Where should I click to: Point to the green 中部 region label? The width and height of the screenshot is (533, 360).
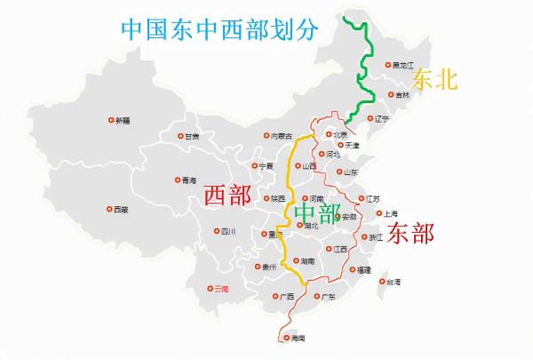pyautogui.click(x=317, y=213)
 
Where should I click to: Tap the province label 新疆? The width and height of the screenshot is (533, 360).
pyautogui.click(x=123, y=121)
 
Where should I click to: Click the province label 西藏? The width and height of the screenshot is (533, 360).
pyautogui.click(x=120, y=210)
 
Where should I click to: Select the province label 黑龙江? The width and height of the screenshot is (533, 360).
pyautogui.click(x=404, y=65)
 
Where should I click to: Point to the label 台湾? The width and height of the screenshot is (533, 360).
pyautogui.click(x=392, y=282)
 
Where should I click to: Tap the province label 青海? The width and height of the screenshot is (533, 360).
pyautogui.click(x=188, y=180)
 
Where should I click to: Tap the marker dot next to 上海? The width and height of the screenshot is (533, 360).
pyautogui.click(x=378, y=213)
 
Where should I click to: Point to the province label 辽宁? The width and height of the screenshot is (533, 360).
pyautogui.click(x=382, y=118)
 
